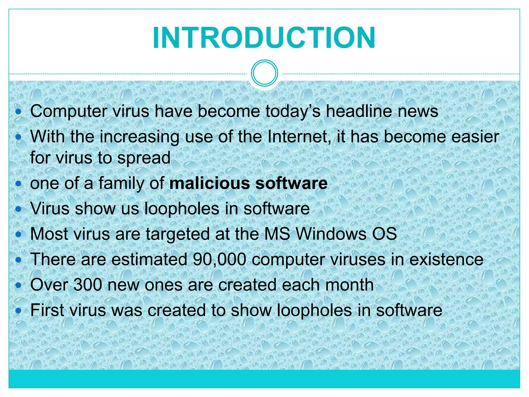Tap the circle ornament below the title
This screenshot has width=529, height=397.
(x=264, y=73)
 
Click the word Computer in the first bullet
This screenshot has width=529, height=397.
(x=68, y=111)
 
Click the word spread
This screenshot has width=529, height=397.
(x=144, y=158)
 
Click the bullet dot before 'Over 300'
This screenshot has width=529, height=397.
(x=18, y=285)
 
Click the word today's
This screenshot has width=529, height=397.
(x=293, y=111)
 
